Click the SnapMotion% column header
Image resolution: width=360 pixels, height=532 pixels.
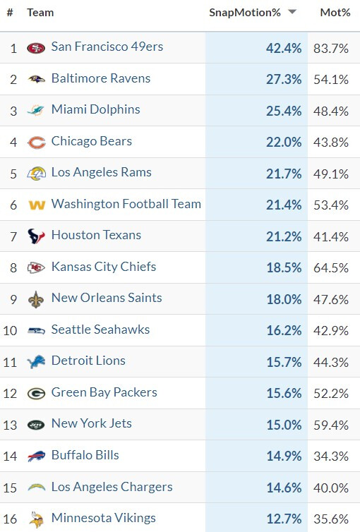click(245, 13)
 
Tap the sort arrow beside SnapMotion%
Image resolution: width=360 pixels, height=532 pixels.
click(292, 12)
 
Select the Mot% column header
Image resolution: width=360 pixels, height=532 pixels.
click(335, 13)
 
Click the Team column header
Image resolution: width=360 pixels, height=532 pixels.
click(40, 13)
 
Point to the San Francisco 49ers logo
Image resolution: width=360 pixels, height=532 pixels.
click(36, 48)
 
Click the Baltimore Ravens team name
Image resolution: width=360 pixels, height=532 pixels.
click(101, 78)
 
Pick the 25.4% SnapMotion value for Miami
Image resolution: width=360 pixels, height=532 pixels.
click(284, 111)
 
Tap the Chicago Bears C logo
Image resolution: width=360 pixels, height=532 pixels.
click(36, 143)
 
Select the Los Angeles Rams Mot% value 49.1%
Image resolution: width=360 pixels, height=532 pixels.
click(331, 174)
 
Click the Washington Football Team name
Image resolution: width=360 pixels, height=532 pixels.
click(126, 204)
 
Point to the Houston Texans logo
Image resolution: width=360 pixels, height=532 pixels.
click(36, 236)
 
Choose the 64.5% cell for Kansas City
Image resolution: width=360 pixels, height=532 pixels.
click(331, 267)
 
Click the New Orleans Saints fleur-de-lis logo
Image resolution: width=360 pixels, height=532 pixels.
click(36, 299)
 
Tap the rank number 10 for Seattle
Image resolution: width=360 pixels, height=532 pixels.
click(10, 330)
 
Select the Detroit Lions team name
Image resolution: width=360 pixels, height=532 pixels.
click(88, 361)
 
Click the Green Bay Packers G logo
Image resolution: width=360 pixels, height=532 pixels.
click(36, 394)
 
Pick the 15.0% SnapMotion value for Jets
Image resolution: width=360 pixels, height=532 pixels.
click(284, 425)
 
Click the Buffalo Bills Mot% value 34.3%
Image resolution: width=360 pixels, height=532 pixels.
click(331, 456)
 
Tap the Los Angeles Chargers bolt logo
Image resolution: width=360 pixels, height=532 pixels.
click(36, 488)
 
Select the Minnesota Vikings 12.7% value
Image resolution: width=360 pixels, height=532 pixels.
click(284, 519)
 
